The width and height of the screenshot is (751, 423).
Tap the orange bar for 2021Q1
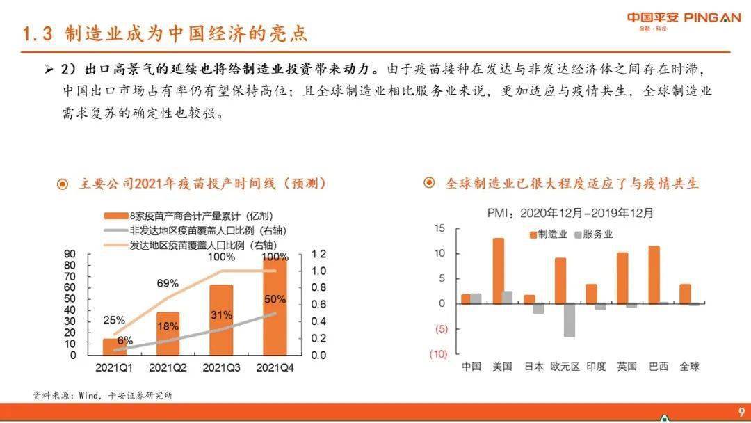point(114,346)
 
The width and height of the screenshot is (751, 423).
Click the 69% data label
point(168,283)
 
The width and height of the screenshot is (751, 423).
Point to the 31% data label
point(221,314)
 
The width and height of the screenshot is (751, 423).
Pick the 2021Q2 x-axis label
point(168,367)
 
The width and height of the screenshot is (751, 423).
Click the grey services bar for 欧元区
point(570,320)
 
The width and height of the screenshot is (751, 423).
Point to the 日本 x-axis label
point(533,367)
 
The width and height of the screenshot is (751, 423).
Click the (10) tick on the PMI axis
point(438,354)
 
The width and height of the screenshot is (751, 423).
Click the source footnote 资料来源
point(102,395)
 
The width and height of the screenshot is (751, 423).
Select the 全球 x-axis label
point(689,367)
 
